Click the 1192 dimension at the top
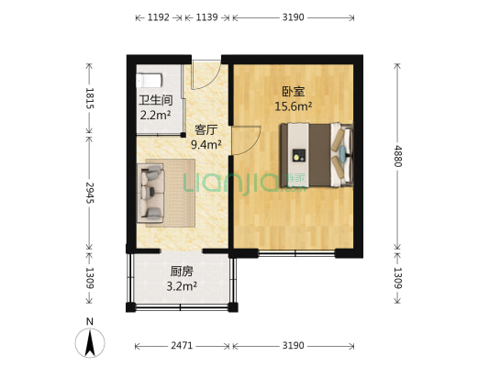159,17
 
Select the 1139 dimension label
207,17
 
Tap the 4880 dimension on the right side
396,156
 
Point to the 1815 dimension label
90,98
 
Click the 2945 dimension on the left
90,192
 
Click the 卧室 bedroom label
293,92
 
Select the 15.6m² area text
294,106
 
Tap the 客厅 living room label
206,130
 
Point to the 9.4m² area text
206,144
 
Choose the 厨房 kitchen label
182,272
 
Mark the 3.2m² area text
182,286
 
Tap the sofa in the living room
152,193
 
